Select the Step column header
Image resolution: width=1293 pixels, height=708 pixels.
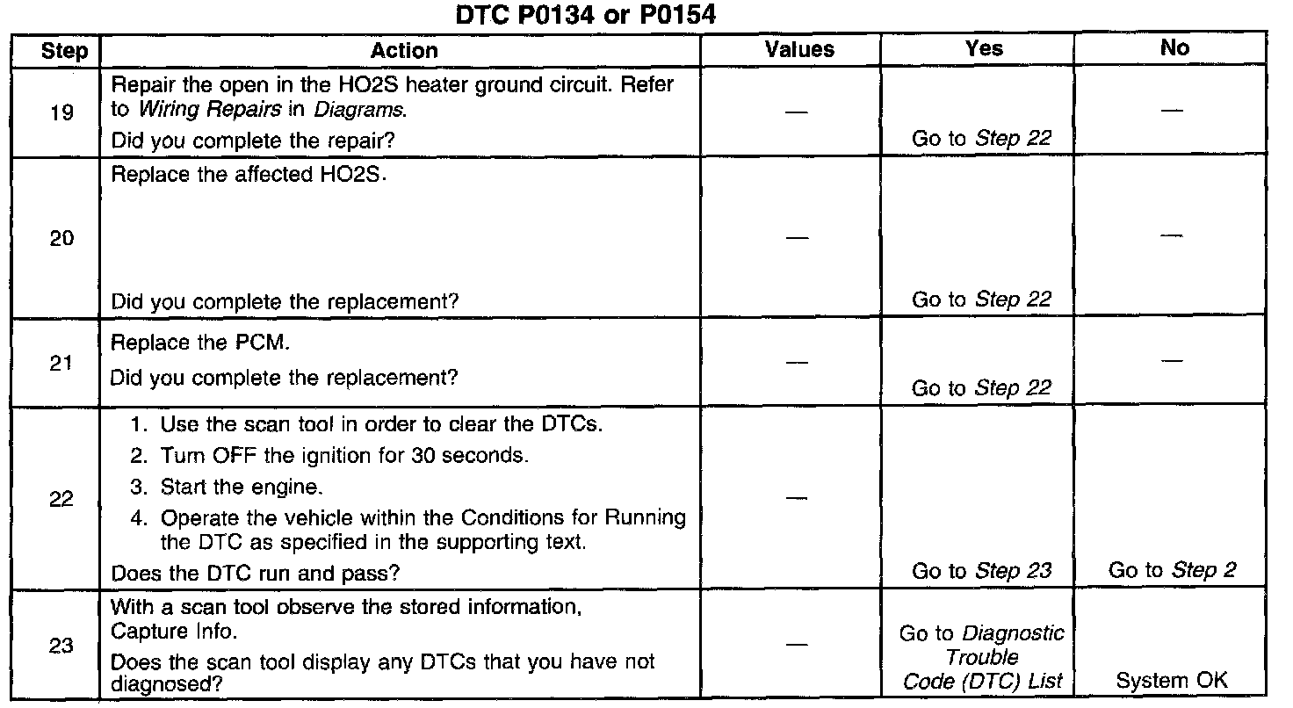(64, 51)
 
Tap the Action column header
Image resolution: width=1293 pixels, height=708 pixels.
(403, 51)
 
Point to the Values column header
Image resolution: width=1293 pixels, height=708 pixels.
(799, 49)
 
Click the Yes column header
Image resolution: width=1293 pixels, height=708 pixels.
(983, 49)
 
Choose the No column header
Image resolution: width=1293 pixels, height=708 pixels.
(1174, 49)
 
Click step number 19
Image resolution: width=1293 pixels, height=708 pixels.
(61, 112)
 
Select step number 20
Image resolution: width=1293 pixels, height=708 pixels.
(61, 238)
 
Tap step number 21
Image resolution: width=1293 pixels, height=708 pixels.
(61, 363)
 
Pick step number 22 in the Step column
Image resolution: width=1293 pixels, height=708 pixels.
(61, 499)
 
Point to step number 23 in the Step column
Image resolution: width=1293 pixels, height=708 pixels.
(61, 646)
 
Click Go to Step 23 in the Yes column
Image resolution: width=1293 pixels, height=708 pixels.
(981, 571)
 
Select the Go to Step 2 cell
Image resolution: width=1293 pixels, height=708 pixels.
(1172, 571)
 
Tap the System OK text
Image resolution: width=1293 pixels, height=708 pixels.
(1172, 680)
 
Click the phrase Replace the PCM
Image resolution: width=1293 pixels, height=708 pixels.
(199, 343)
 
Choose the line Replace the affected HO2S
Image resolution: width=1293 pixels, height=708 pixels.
(249, 174)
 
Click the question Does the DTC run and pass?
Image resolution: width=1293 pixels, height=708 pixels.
(255, 574)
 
